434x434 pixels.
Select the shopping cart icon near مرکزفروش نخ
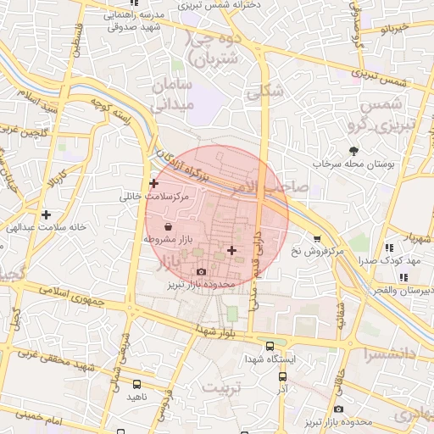[x=317, y=239]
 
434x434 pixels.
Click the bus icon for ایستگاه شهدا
[x=270, y=346]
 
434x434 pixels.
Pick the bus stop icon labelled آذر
[x=280, y=375]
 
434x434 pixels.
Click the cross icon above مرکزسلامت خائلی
[x=153, y=183]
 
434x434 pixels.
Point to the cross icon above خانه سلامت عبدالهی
[x=46, y=214]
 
